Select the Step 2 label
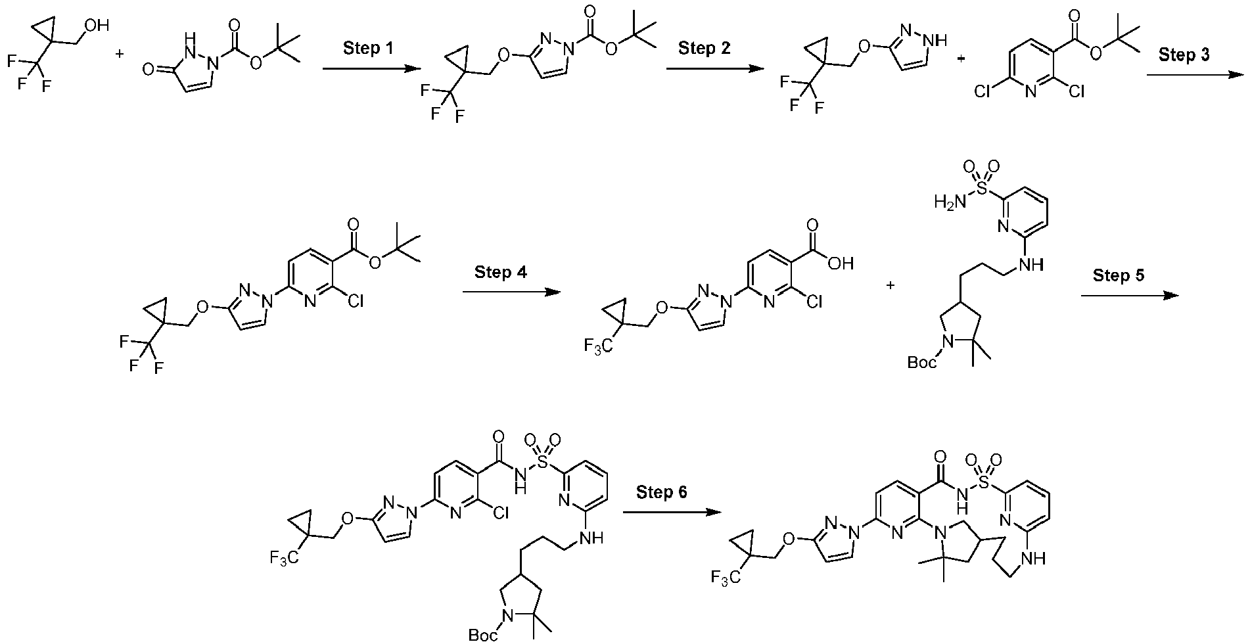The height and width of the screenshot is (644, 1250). coord(705,48)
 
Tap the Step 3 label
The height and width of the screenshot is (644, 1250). coord(1184,55)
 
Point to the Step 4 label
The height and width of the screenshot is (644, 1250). coord(501,272)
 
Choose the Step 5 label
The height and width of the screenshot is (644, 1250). coord(1119,275)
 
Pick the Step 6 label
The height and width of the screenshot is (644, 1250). coord(661,492)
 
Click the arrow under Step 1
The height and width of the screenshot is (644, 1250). coord(371,69)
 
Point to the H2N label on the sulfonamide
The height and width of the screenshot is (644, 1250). coord(947,202)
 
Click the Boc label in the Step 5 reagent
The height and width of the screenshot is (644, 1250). coord(922,362)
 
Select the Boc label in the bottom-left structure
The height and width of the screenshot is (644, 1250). coord(483,635)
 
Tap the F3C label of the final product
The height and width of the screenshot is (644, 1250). coord(724,578)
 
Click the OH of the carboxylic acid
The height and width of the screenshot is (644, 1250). coord(841,264)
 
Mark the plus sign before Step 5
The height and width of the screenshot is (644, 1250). coord(891,285)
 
